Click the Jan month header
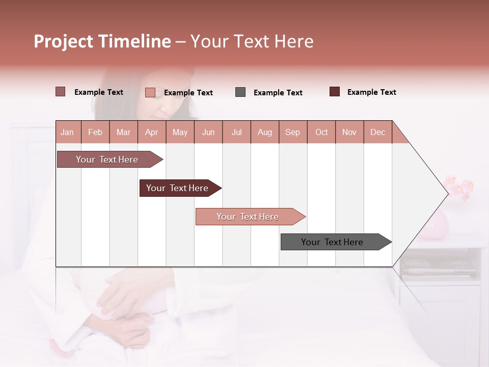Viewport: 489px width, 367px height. coord(67,132)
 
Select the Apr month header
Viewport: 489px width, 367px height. coord(151,132)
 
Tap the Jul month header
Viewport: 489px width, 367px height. coord(236,132)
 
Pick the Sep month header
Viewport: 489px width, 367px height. coord(292,132)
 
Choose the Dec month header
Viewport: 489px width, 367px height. coord(377,132)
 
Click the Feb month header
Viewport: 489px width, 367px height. coord(95,132)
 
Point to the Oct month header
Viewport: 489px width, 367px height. coord(321,132)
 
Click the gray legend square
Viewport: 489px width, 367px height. coord(240,92)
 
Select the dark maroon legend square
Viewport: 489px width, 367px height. coord(335,92)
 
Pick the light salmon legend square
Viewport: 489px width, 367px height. coord(150,92)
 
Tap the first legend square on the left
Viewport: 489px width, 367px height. coord(61,92)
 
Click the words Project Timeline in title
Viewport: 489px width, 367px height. coord(102,41)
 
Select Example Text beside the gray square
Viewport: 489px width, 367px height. coord(278,93)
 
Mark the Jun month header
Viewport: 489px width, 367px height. coord(208,132)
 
